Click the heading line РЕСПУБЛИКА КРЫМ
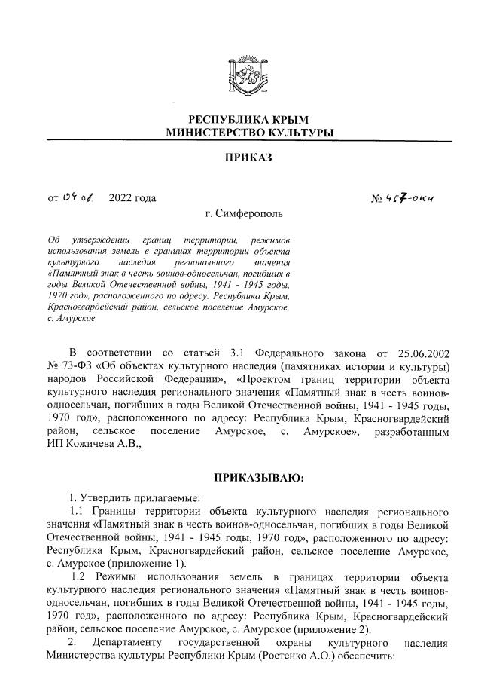click(240, 120)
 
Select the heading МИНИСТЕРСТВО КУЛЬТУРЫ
click(240, 133)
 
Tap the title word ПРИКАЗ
click(240, 158)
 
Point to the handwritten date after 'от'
click(78, 197)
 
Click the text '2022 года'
click(132, 198)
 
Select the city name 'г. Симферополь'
click(240, 216)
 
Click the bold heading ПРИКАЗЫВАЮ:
click(249, 478)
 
